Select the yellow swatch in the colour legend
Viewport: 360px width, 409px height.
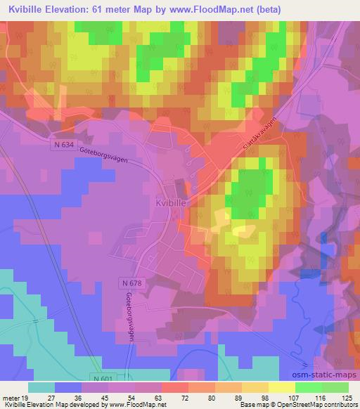point(282,387)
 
